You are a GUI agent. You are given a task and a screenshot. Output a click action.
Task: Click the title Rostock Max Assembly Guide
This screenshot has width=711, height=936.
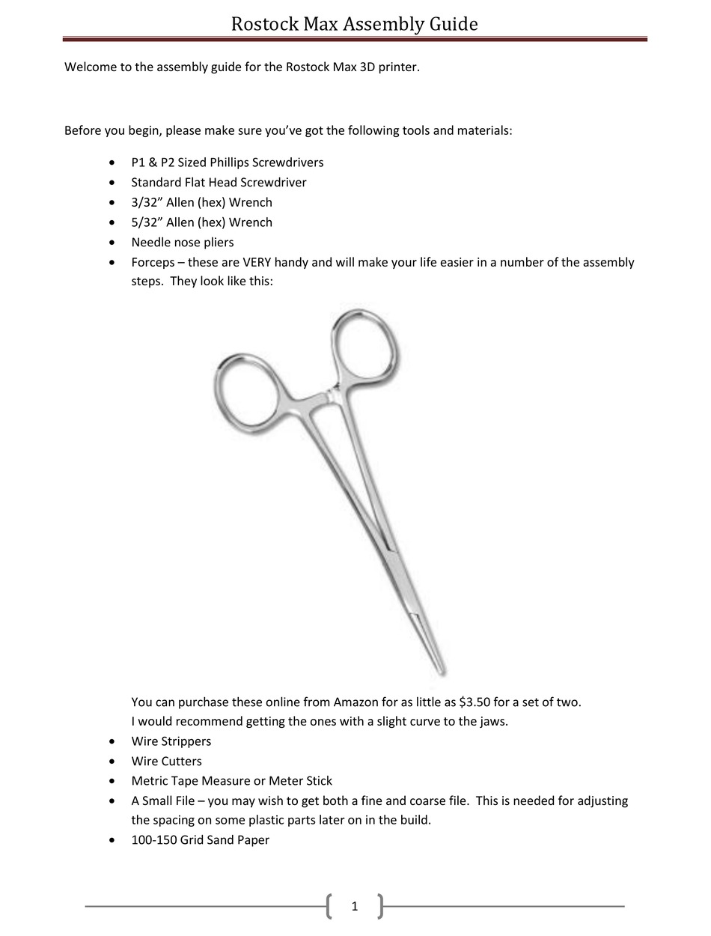pos(354,24)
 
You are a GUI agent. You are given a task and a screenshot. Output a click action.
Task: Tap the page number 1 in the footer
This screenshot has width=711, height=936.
pos(355,907)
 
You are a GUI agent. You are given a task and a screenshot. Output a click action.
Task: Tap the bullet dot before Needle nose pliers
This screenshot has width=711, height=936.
pos(112,243)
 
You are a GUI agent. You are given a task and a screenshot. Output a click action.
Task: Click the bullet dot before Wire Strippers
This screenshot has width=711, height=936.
pos(112,741)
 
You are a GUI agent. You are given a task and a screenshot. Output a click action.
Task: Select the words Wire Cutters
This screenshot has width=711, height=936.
pos(166,762)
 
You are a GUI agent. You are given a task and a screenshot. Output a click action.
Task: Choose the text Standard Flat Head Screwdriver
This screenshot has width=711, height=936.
pos(219,182)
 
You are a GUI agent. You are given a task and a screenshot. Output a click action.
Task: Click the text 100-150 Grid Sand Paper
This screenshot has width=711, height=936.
pos(200,840)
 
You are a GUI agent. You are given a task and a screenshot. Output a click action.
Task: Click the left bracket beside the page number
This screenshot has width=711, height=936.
pos(330,906)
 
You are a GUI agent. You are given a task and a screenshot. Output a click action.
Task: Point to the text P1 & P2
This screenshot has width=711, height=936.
pos(153,162)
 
